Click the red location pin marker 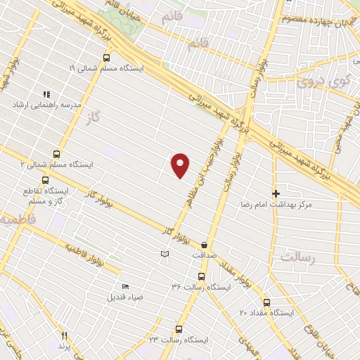(x=181, y=165)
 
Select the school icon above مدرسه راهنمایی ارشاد (x=46, y=94)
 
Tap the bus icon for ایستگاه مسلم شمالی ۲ (x=56, y=155)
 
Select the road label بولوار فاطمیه (x=86, y=257)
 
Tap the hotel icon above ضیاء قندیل (x=125, y=286)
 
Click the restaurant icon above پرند (x=65, y=336)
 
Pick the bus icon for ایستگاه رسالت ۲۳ (x=179, y=329)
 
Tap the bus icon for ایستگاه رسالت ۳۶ (x=201, y=276)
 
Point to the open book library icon (x=165, y=253)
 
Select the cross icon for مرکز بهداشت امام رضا (x=276, y=193)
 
